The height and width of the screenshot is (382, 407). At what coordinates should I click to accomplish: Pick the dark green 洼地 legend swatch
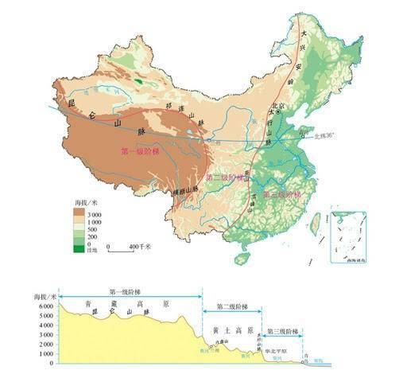point(77,250)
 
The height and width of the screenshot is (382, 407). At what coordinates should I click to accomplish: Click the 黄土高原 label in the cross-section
point(232,329)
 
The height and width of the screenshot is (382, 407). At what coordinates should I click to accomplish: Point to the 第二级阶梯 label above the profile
point(231,306)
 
